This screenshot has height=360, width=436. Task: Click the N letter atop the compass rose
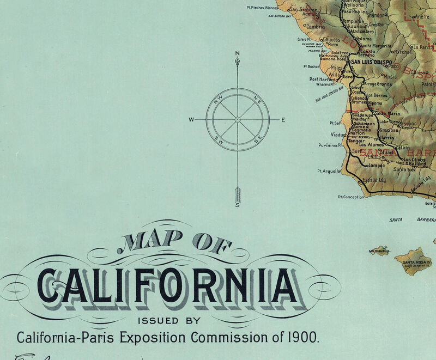237,53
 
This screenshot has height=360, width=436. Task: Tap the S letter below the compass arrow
237,206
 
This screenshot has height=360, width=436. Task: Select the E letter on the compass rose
283,120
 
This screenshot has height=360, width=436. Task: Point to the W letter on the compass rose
191,120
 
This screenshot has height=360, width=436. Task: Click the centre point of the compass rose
238,119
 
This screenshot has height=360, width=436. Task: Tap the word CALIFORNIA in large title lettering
169,285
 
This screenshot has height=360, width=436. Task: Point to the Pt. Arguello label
329,170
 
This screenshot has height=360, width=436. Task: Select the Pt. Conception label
350,197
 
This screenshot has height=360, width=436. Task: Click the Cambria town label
315,26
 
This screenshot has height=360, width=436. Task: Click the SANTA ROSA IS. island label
417,263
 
